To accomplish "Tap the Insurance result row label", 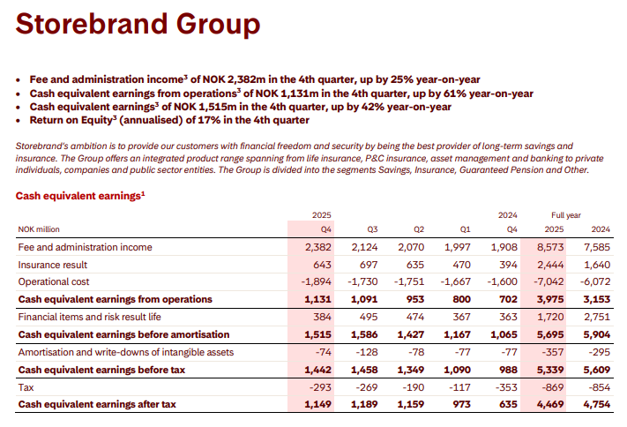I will coord(53,265).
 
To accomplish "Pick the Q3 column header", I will coord(371,230).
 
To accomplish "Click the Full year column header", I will coord(567,214).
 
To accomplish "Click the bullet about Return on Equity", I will coord(168,119).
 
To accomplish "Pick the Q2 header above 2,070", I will coord(418,230).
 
